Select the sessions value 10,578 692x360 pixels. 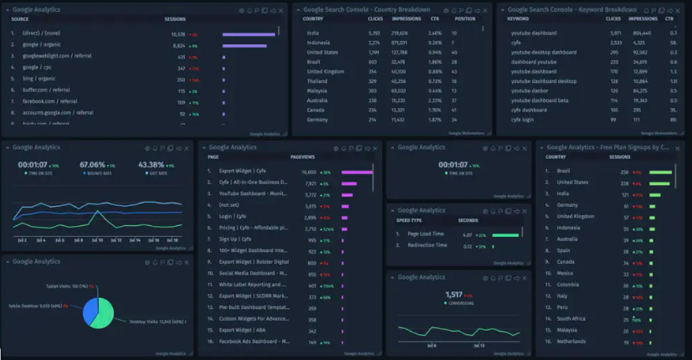(x=177, y=34)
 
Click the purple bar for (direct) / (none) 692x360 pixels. (x=249, y=34)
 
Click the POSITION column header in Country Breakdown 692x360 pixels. (x=464, y=18)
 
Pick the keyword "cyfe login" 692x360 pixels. (x=522, y=120)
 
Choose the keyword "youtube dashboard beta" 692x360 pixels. (x=540, y=99)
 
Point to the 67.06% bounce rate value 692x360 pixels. (x=92, y=165)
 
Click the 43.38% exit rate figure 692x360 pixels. (x=151, y=165)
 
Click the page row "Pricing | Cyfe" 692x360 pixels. (x=239, y=228)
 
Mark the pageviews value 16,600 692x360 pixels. (x=309, y=172)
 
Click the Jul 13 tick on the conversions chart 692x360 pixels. (x=479, y=344)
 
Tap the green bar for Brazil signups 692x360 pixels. (x=661, y=172)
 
